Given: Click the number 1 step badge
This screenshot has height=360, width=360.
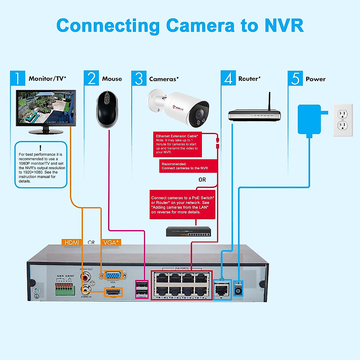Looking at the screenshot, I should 17,78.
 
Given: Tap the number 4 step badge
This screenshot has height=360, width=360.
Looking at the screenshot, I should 228,78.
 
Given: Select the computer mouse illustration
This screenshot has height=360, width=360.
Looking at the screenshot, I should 107,109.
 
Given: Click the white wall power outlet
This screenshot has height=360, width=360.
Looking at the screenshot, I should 343,120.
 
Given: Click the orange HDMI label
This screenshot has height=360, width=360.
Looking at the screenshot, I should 72,242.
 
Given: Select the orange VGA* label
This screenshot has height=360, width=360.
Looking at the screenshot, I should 111,242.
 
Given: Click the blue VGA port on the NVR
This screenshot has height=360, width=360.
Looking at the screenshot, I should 113,275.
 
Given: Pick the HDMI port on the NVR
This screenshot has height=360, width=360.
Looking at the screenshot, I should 113,292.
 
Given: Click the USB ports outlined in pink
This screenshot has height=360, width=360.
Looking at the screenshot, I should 142,289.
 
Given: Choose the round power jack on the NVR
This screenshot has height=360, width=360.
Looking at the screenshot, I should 238,290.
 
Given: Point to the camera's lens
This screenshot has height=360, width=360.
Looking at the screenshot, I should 198,114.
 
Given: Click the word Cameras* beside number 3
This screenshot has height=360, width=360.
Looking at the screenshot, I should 164,79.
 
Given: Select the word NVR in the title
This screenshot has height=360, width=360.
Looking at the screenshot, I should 284,25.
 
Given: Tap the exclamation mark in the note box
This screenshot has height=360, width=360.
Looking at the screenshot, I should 40,148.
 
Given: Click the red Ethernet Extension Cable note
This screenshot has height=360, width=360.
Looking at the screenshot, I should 177,144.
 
